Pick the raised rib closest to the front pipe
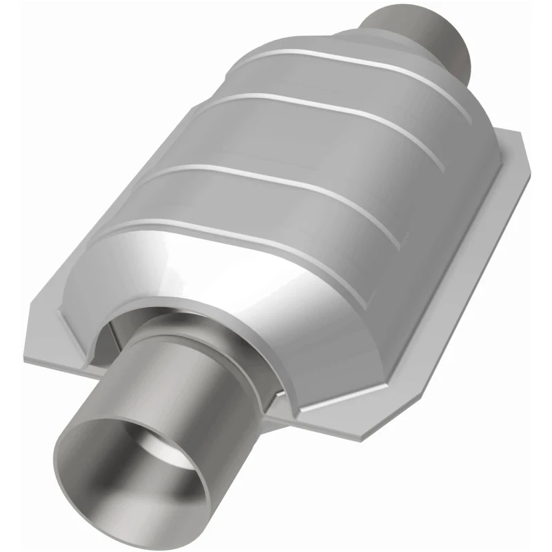click(228, 235)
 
